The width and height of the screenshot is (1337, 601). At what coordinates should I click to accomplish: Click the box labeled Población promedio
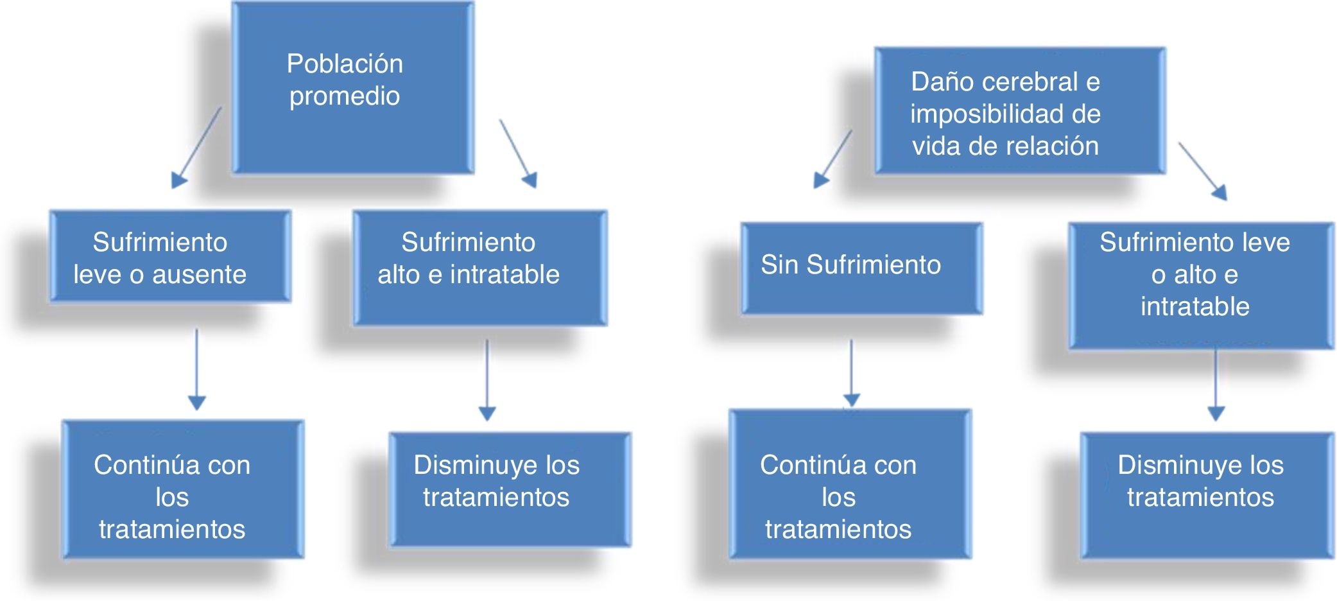352,88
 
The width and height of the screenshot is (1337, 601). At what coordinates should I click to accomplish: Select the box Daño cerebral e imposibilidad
1020,110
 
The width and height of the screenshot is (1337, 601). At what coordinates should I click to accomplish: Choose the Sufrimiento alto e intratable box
479,268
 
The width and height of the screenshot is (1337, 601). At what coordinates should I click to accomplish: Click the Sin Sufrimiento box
861,268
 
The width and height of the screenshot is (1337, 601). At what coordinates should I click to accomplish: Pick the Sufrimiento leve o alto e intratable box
1201,285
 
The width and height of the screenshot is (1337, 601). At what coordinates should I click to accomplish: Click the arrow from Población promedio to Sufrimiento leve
197,147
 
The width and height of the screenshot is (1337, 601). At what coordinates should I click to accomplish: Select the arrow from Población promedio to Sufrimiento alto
518,153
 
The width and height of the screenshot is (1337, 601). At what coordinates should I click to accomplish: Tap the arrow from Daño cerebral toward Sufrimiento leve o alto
1203,171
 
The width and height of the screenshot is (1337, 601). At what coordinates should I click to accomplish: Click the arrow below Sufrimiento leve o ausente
197,369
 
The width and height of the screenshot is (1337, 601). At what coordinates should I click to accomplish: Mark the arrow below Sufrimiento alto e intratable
487,379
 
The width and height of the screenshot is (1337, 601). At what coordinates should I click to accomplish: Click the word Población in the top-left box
345,64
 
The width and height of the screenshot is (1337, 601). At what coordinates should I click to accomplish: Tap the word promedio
345,96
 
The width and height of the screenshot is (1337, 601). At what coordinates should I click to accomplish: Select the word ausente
200,275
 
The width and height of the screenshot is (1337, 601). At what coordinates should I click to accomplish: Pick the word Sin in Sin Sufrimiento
779,265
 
